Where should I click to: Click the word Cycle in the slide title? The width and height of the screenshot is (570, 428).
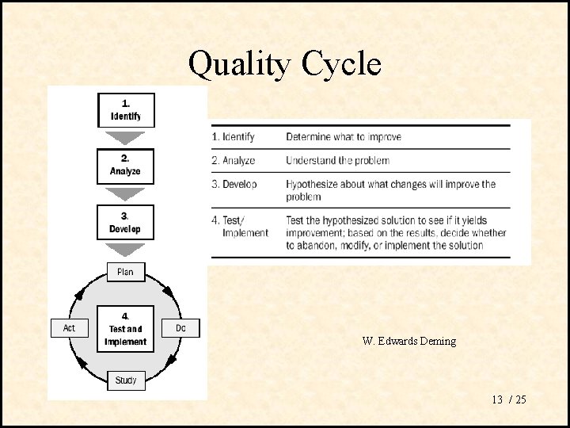(341, 63)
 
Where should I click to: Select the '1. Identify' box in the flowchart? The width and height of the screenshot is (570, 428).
(125, 110)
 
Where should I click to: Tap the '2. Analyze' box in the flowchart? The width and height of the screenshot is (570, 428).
(125, 165)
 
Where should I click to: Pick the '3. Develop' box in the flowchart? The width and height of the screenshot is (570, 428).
(125, 223)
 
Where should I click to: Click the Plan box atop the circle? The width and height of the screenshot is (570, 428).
(125, 272)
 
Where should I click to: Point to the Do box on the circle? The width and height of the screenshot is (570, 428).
(180, 327)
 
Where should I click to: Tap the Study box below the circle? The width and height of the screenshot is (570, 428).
(125, 380)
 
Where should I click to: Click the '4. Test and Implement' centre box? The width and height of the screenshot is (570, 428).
(125, 329)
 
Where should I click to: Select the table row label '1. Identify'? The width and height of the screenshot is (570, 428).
(234, 137)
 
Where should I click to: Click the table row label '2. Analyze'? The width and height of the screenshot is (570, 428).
(234, 161)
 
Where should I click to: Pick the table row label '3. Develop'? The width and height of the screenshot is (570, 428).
(234, 185)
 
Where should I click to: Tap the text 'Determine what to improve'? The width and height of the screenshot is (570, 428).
(344, 137)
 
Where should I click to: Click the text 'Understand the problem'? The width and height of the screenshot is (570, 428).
(337, 161)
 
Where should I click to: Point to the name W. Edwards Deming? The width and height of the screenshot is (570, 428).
(408, 342)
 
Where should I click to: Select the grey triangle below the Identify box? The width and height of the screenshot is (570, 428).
(125, 136)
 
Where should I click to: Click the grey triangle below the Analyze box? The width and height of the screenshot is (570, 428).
(125, 193)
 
